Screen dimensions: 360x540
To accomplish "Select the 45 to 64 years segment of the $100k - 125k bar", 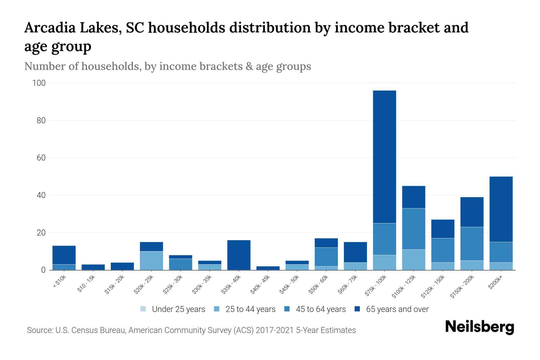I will tap(413, 229).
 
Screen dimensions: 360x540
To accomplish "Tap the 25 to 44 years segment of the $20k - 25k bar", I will tap(151, 260).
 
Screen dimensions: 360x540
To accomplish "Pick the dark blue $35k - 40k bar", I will tap(239, 255).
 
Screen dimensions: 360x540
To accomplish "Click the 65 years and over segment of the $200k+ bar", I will tap(501, 209).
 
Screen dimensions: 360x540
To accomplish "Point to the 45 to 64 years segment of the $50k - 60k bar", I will tap(326, 257).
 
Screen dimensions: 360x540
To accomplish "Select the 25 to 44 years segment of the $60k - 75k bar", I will tap(355, 266).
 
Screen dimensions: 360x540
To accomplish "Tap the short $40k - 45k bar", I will tap(268, 268).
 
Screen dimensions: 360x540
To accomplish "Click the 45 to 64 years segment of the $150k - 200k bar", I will tap(472, 244).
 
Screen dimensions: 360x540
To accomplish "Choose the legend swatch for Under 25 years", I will tap(143, 309).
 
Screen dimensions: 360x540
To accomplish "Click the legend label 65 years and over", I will tap(397, 309).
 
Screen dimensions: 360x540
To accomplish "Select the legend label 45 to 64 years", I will tap(321, 309).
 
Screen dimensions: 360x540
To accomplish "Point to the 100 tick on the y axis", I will tap(39, 83).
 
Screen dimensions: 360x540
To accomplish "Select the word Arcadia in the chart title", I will tap(49, 28).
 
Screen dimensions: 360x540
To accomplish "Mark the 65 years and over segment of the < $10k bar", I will tap(64, 255).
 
